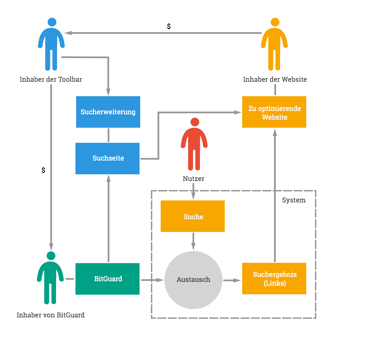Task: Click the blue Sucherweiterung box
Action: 108,112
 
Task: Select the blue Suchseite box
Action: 107,159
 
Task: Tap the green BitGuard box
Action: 107,279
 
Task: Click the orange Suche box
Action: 193,216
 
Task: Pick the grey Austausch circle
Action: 193,280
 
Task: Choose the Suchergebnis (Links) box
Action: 274,279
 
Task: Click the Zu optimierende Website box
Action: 274,112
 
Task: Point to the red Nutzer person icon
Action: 194,144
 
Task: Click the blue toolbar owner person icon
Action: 51,44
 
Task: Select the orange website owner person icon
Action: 274,44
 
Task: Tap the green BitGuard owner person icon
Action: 50,278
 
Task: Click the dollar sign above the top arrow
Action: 169,26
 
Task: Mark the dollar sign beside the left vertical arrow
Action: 43,170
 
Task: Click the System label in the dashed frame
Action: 294,200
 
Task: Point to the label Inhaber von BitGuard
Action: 51,315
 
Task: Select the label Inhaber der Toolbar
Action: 51,79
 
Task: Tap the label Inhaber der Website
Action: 275,79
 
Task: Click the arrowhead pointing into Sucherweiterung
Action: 108,92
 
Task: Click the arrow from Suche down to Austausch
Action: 193,241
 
